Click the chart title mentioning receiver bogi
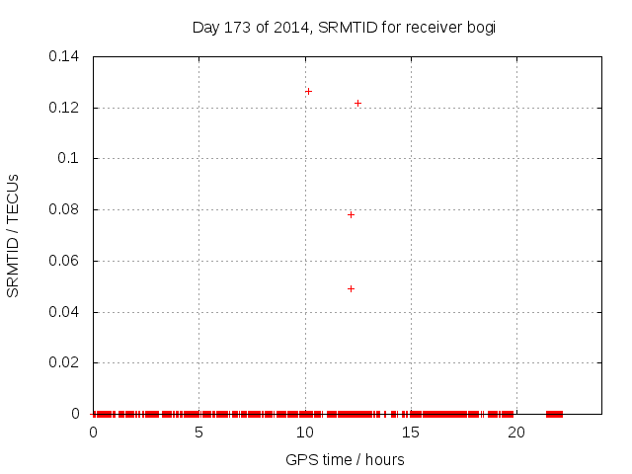click(x=344, y=27)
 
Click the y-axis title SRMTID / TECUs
click(x=13, y=235)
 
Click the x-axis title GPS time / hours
click(x=345, y=459)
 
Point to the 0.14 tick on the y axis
click(x=65, y=56)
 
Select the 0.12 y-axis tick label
click(x=65, y=108)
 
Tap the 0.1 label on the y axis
click(x=70, y=158)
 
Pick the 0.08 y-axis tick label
click(x=65, y=209)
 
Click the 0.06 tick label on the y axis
click(x=65, y=261)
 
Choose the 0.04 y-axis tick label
click(x=65, y=312)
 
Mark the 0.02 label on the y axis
click(x=65, y=363)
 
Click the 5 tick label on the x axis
click(x=198, y=433)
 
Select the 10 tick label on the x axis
click(x=304, y=433)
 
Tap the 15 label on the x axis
click(x=410, y=433)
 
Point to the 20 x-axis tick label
click(x=515, y=433)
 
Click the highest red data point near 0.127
click(x=308, y=91)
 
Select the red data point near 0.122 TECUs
click(x=357, y=103)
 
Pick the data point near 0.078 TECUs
click(x=351, y=214)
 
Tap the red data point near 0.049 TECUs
click(x=351, y=288)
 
